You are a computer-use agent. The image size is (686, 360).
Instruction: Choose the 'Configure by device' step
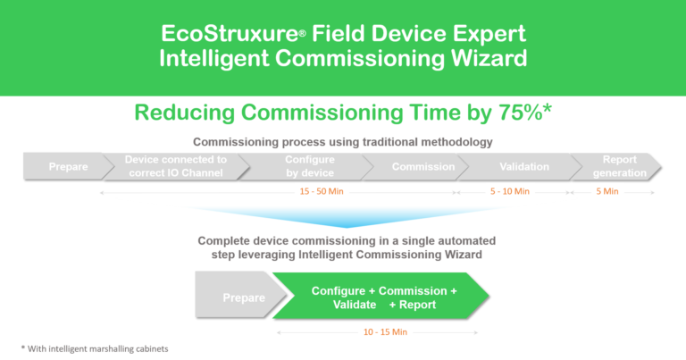click(308, 167)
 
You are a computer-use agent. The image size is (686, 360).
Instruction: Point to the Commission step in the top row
click(423, 167)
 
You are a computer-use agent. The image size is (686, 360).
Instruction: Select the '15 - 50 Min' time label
click(323, 191)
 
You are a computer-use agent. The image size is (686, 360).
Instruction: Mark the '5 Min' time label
click(607, 191)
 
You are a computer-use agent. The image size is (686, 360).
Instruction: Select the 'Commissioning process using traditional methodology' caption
click(344, 142)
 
